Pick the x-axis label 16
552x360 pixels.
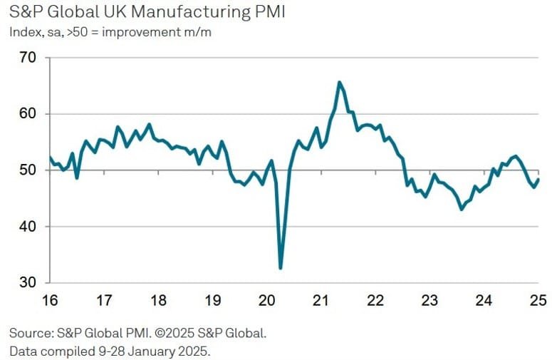(50, 301)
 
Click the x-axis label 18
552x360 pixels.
(158, 301)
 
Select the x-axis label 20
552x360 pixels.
(266, 301)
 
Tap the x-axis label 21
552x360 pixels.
(321, 301)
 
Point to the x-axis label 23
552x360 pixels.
(429, 301)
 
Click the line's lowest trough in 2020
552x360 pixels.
(281, 268)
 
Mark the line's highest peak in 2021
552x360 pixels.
(339, 82)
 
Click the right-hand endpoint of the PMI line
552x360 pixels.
(538, 179)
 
